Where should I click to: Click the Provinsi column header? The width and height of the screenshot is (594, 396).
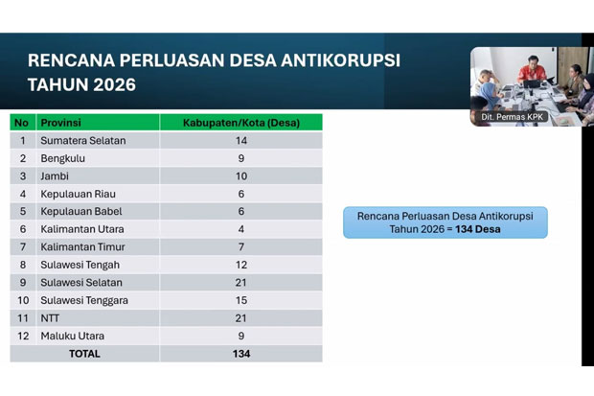click(60, 123)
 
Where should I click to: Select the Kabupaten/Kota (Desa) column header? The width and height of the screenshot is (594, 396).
click(240, 123)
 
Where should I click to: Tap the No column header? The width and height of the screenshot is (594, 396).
click(21, 123)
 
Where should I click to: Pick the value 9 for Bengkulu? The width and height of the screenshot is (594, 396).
click(240, 158)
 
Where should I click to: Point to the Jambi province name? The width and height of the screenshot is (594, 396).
click(55, 176)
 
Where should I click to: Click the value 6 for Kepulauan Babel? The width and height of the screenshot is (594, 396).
click(240, 211)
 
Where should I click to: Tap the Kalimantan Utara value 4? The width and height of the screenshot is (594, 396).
click(240, 229)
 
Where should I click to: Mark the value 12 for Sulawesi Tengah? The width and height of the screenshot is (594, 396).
click(240, 265)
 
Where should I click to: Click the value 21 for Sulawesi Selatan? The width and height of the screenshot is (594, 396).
click(240, 283)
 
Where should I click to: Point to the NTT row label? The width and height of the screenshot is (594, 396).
click(51, 318)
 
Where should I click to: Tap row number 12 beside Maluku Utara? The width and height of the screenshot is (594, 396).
click(21, 336)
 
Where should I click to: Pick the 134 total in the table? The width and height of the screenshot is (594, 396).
click(240, 354)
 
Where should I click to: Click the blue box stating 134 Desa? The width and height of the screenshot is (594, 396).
click(445, 222)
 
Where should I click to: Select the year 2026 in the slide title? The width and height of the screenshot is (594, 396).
click(108, 84)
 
